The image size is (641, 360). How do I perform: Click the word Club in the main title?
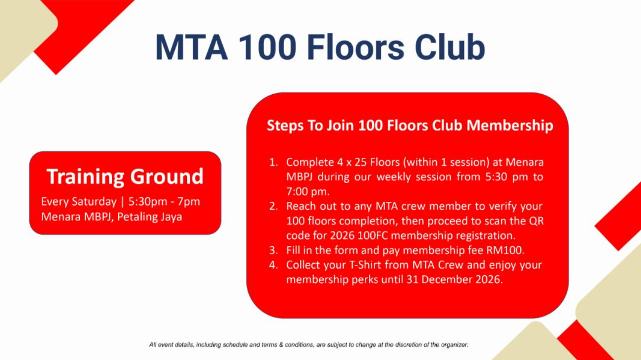(450, 47)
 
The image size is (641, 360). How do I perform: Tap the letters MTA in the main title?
(191, 48)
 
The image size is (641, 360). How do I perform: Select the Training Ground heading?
(125, 177)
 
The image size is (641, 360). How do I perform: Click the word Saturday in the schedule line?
(94, 202)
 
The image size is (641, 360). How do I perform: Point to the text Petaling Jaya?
(150, 217)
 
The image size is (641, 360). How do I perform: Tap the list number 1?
(273, 163)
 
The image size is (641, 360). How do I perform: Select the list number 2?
(273, 206)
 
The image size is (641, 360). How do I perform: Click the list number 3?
(273, 250)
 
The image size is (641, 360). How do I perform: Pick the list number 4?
(273, 265)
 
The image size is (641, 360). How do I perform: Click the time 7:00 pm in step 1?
(308, 192)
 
